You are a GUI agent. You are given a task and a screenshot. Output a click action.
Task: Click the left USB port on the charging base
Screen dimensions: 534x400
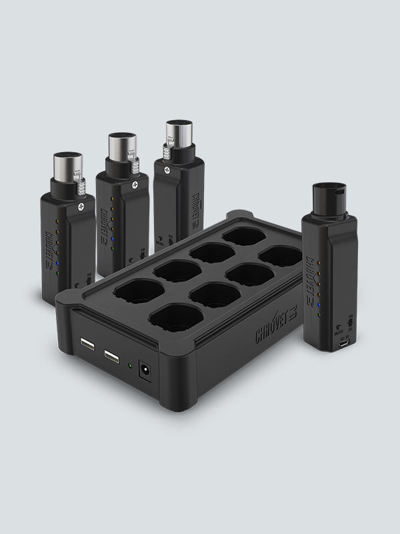pyautogui.click(x=87, y=345)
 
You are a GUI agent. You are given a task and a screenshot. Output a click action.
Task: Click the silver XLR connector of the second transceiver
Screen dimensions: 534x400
pyautogui.click(x=121, y=146)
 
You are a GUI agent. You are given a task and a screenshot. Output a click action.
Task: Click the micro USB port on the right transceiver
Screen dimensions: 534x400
pyautogui.click(x=345, y=349)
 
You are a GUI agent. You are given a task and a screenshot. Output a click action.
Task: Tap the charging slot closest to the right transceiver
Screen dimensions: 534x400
pyautogui.click(x=279, y=256)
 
